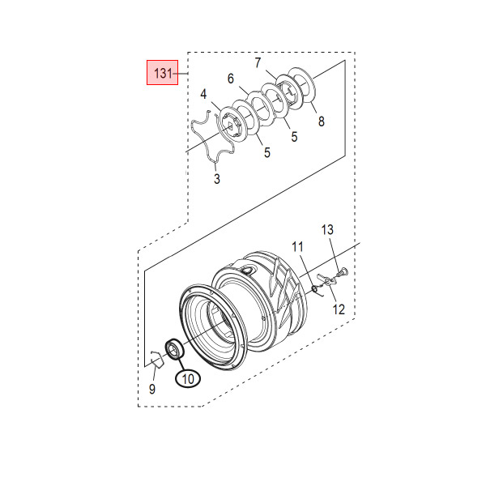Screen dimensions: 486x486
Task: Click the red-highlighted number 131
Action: coord(163,74)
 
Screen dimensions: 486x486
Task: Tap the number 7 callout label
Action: coord(258,63)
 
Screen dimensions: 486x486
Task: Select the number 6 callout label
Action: coord(231,79)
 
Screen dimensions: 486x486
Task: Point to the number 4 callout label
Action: coord(203,94)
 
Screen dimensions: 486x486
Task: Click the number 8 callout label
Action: coord(322,122)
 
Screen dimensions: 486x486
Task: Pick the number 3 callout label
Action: coord(217,179)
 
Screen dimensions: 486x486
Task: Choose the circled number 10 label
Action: coord(188,378)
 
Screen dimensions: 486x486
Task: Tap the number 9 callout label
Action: coord(152,390)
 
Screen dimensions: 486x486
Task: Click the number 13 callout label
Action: coord(327,230)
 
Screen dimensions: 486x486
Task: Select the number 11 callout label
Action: coord(297,247)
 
